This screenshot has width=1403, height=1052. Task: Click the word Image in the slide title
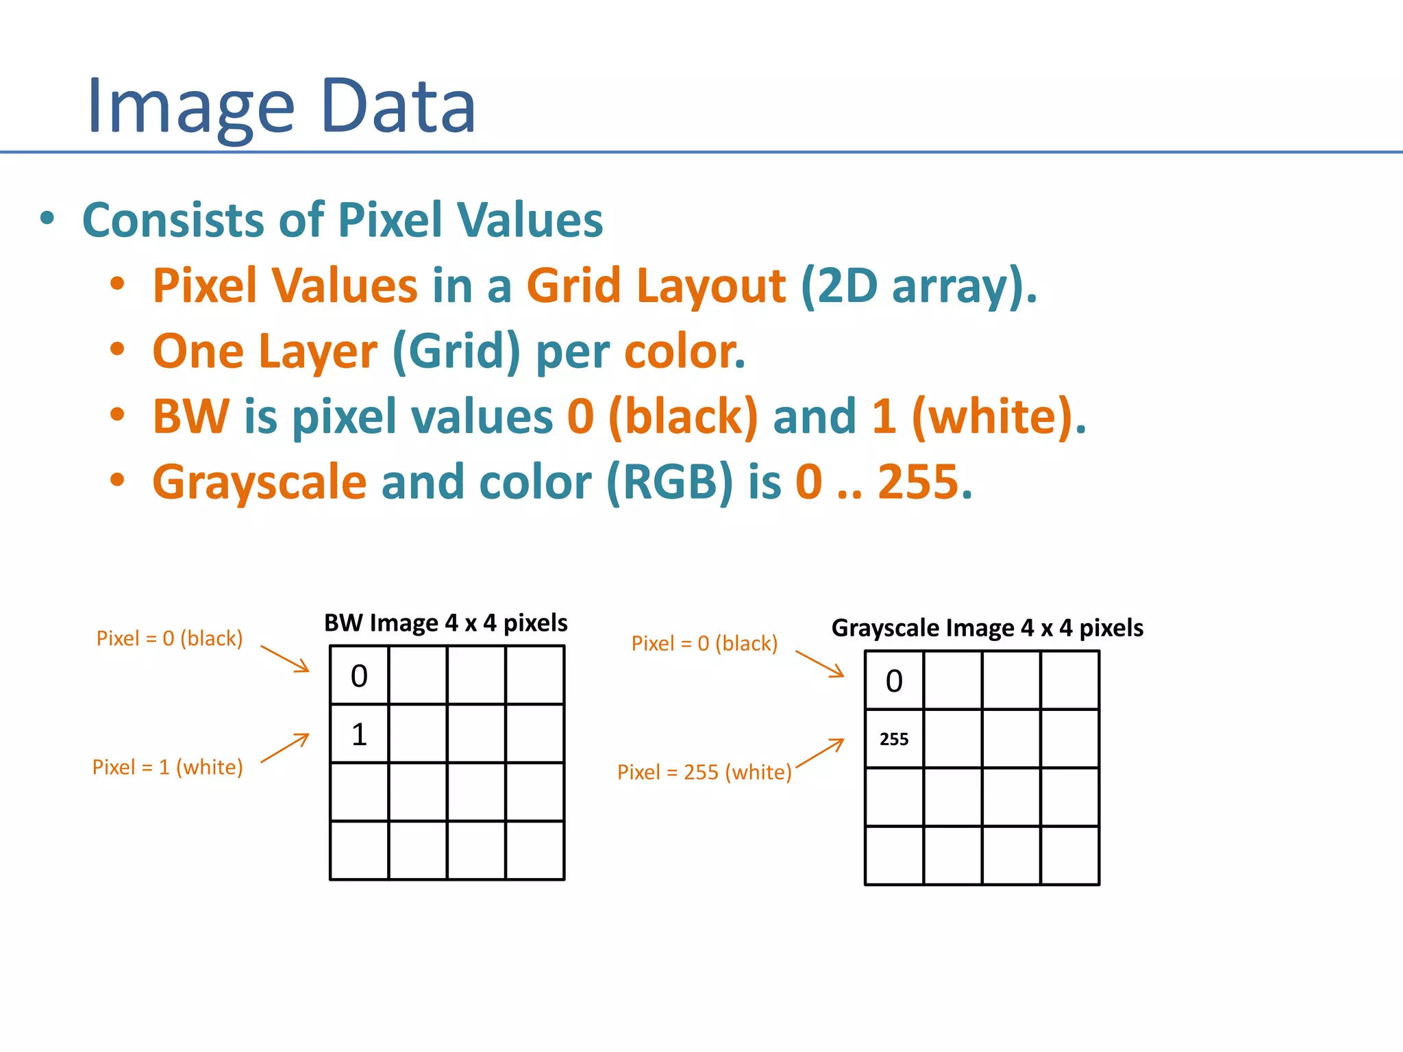click(x=190, y=107)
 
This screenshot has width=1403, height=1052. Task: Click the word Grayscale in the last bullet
click(x=259, y=482)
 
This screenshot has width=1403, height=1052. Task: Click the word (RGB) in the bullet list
click(x=669, y=482)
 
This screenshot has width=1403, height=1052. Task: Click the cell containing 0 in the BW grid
click(x=359, y=675)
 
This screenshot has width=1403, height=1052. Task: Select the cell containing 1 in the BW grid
click(x=359, y=734)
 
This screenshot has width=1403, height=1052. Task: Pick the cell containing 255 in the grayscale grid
click(x=894, y=739)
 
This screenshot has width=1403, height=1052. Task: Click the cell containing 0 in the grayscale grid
click(x=894, y=681)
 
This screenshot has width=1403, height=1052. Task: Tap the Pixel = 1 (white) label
click(x=168, y=767)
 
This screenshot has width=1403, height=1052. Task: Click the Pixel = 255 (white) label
click(x=704, y=773)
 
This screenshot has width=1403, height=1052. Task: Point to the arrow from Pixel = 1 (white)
click(x=285, y=748)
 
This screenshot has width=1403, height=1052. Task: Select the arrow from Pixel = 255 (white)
click(x=820, y=753)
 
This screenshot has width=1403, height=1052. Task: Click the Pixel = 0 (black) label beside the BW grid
click(x=170, y=638)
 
